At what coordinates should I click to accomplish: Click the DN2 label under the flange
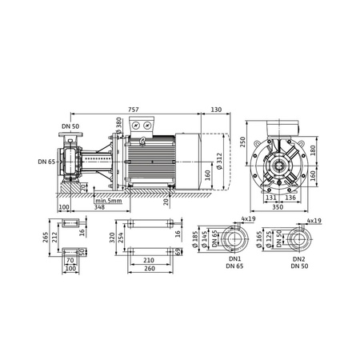point(298,259)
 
